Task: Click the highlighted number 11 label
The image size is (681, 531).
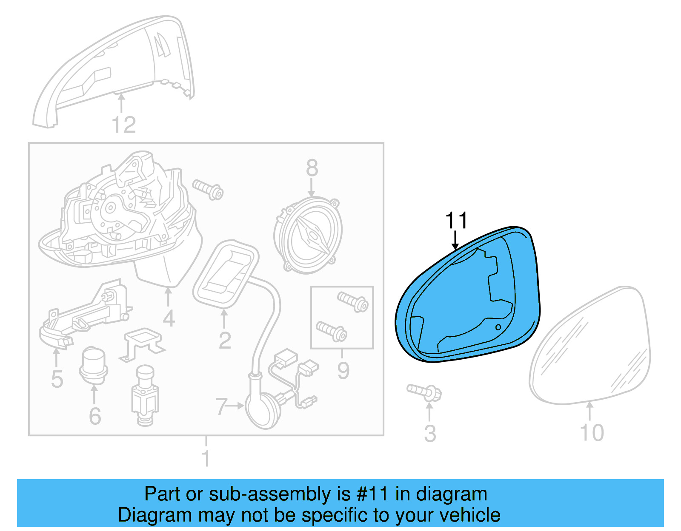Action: [x=456, y=221]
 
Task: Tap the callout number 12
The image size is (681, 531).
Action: [x=123, y=125]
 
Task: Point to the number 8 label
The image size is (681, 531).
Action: [x=312, y=168]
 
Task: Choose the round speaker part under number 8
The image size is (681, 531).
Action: [x=308, y=236]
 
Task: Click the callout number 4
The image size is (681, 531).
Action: [x=169, y=318]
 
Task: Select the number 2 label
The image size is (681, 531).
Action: [x=225, y=340]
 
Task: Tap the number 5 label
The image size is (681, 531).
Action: [x=57, y=379]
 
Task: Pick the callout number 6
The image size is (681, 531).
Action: [x=95, y=416]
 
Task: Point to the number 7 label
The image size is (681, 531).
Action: [x=220, y=406]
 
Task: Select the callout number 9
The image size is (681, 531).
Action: [x=343, y=370]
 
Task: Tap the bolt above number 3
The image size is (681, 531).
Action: [x=425, y=392]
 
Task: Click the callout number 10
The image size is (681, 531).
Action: [x=592, y=433]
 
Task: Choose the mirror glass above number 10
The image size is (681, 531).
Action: [x=592, y=346]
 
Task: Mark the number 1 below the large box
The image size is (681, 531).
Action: [x=206, y=458]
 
